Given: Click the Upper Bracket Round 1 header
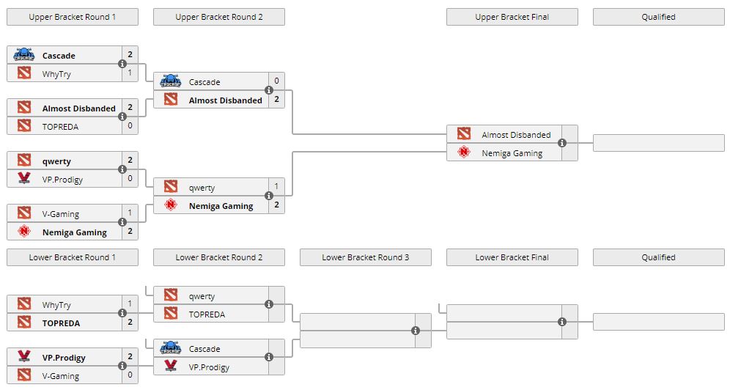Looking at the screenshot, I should [72, 17].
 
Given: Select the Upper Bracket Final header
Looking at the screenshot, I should [512, 17].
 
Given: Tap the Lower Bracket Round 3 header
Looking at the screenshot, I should [365, 257].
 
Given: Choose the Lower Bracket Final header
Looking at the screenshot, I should [512, 257].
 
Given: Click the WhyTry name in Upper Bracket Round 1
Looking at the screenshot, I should [56, 74].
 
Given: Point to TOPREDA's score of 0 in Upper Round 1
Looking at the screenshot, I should [130, 127].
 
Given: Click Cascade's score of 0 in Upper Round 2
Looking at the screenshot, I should [276, 81].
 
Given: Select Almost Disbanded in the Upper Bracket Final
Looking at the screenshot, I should [516, 135].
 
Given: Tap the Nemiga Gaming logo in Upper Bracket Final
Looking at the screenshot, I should [463, 152].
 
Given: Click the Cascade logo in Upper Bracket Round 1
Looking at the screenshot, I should [24, 55].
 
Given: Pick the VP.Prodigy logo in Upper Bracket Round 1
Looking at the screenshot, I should [24, 178].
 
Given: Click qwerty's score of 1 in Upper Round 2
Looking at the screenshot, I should [276, 187].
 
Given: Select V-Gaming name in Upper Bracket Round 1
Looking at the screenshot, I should [60, 214].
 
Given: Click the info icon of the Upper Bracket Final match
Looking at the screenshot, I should [562, 143].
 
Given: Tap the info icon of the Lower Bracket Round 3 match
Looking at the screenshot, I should [416, 331].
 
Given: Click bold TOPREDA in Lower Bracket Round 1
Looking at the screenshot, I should [61, 323].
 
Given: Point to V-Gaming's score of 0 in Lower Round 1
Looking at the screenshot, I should [130, 376].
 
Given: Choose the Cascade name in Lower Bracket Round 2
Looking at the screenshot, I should [204, 349].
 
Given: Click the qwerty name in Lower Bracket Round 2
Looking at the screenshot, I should [202, 296].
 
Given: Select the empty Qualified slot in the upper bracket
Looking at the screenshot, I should [658, 143].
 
